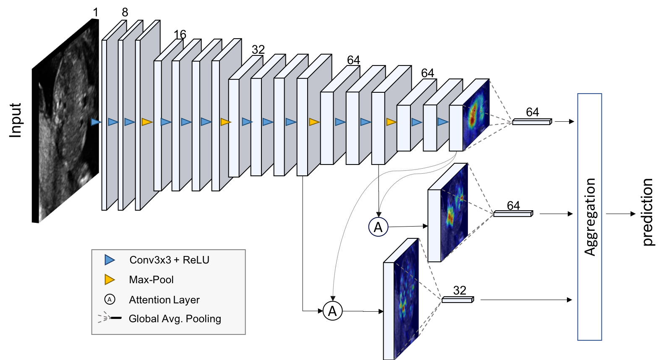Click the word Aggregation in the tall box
pyautogui.click(x=590, y=217)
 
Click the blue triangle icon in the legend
pyautogui.click(x=110, y=260)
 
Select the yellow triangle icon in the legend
pyautogui.click(x=110, y=279)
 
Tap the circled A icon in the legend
pyautogui.click(x=110, y=300)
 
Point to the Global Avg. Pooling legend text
pyautogui.click(x=175, y=318)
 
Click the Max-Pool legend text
pyautogui.click(x=151, y=279)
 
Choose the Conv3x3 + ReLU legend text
pyautogui.click(x=169, y=260)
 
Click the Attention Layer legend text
pyautogui.click(x=164, y=300)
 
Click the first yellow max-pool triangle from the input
pyautogui.click(x=146, y=122)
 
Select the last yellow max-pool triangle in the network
pyautogui.click(x=391, y=122)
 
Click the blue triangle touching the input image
pyautogui.click(x=96, y=122)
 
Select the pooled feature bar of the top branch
pyautogui.click(x=531, y=122)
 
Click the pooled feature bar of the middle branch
pyautogui.click(x=512, y=214)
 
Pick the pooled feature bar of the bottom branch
pyautogui.click(x=457, y=300)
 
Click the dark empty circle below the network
pyautogui.click(x=378, y=227)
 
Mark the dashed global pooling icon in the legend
pyautogui.click(x=109, y=318)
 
